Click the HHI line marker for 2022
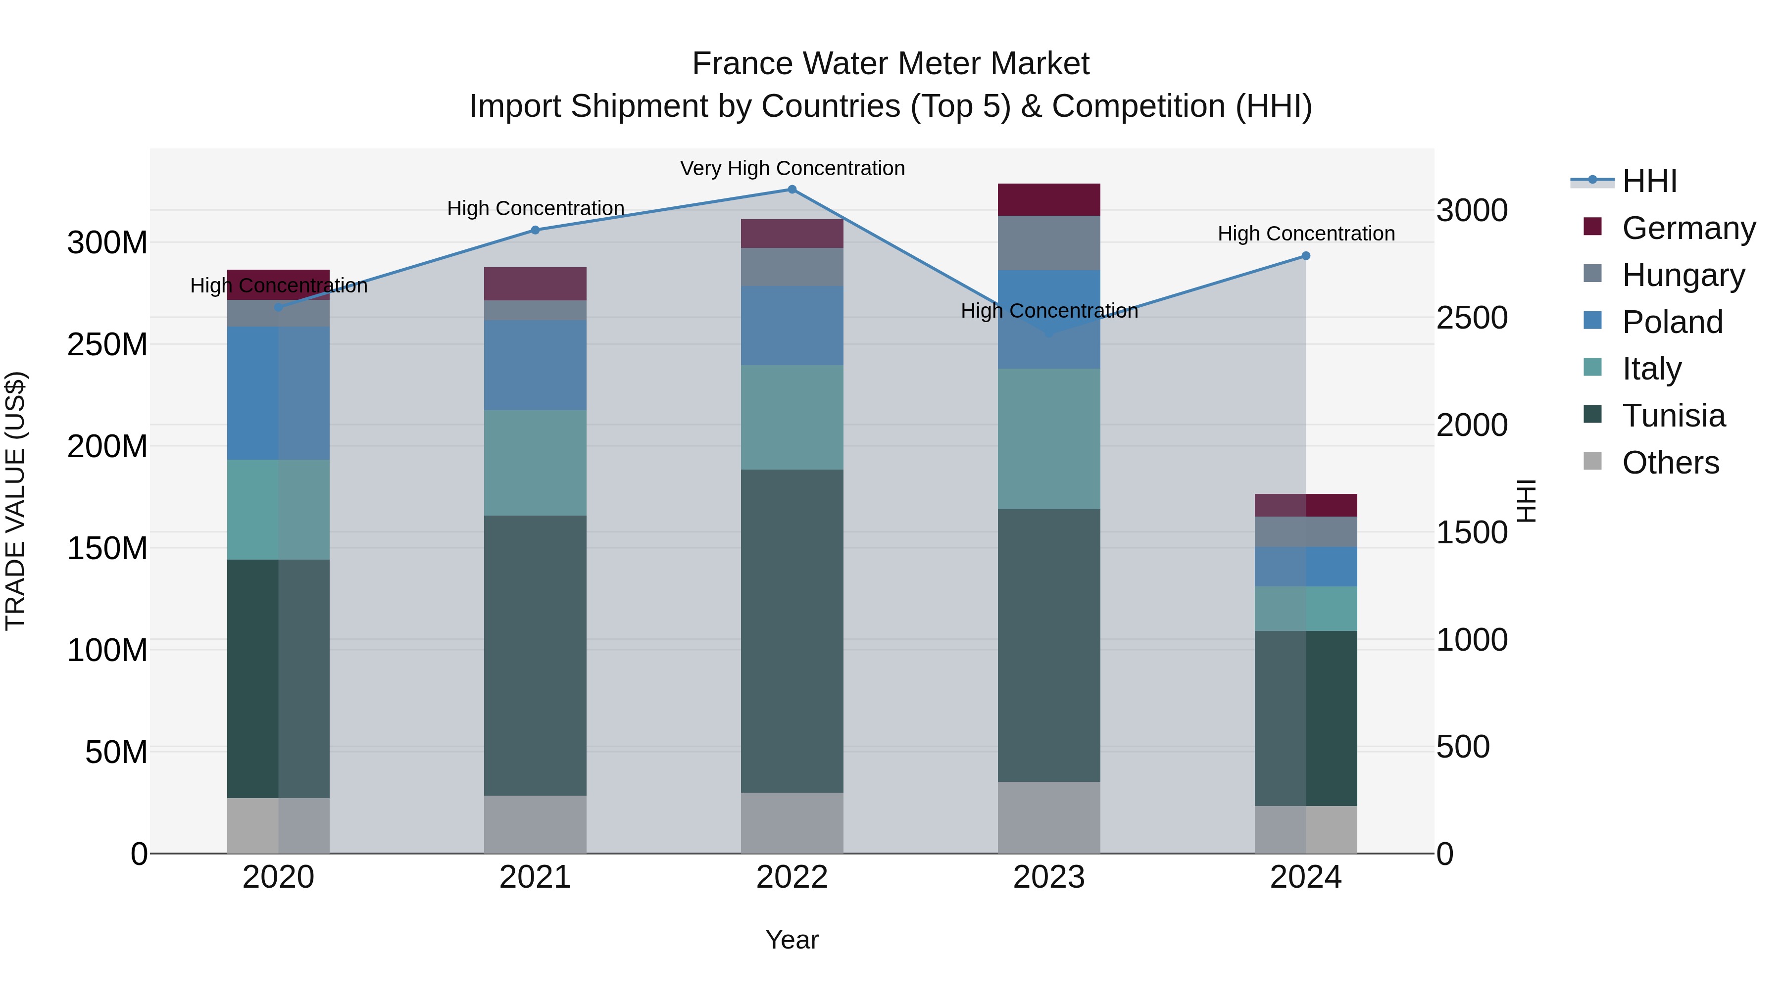[x=792, y=190]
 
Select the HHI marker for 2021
[x=535, y=230]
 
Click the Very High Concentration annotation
[x=792, y=168]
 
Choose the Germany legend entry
[x=1688, y=228]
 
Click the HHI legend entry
[x=1649, y=181]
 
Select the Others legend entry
[x=1670, y=463]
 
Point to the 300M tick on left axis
[x=107, y=243]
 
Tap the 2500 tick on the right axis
[x=1472, y=318]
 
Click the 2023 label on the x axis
[x=1049, y=877]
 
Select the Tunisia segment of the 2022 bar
[x=792, y=631]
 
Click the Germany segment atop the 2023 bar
[x=1049, y=200]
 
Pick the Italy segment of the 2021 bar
[x=535, y=463]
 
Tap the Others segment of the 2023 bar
[x=1049, y=817]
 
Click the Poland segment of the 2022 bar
[x=792, y=326]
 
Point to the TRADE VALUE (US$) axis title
[x=15, y=501]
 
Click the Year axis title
[x=792, y=940]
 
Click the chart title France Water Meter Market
[x=891, y=64]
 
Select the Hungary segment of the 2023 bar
[x=1049, y=243]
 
